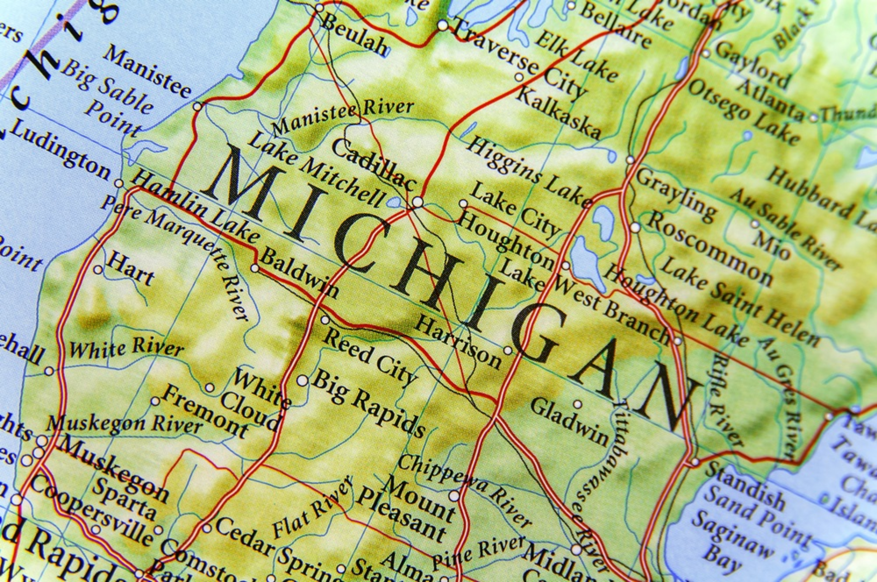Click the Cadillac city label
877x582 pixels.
pyautogui.click(x=374, y=165)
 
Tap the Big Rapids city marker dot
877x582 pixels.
pyautogui.click(x=302, y=380)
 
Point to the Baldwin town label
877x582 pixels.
pyautogui.click(x=300, y=273)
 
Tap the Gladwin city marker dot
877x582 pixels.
pyautogui.click(x=578, y=404)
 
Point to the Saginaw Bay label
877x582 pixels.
pyautogui.click(x=731, y=543)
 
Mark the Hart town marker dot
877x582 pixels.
pyautogui.click(x=98, y=269)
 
